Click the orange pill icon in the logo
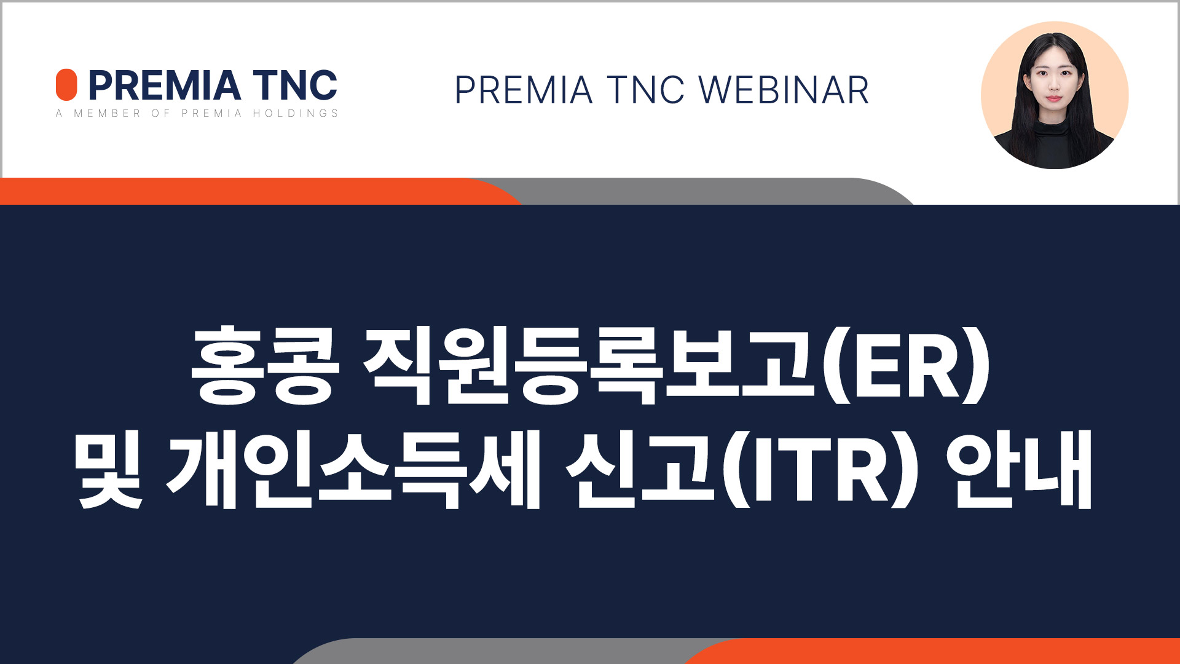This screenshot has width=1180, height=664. click(66, 85)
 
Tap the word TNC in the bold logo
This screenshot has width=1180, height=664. click(295, 85)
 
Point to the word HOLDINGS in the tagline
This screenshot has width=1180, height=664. click(296, 113)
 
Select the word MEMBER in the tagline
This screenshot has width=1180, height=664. click(108, 113)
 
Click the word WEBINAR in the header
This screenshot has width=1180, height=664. click(784, 90)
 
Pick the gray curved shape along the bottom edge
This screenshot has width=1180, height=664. click(492, 651)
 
